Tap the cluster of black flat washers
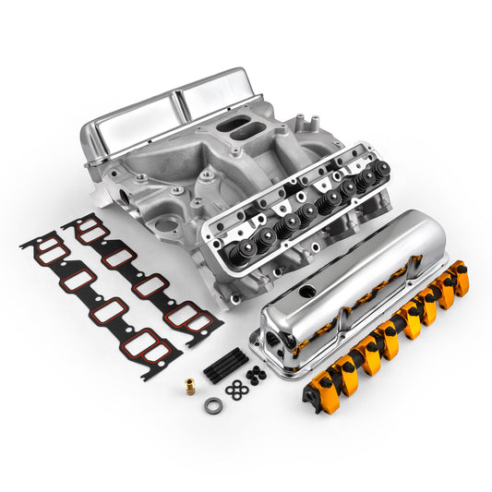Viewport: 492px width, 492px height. (234, 387)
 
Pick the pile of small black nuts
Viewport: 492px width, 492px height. (255, 374)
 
